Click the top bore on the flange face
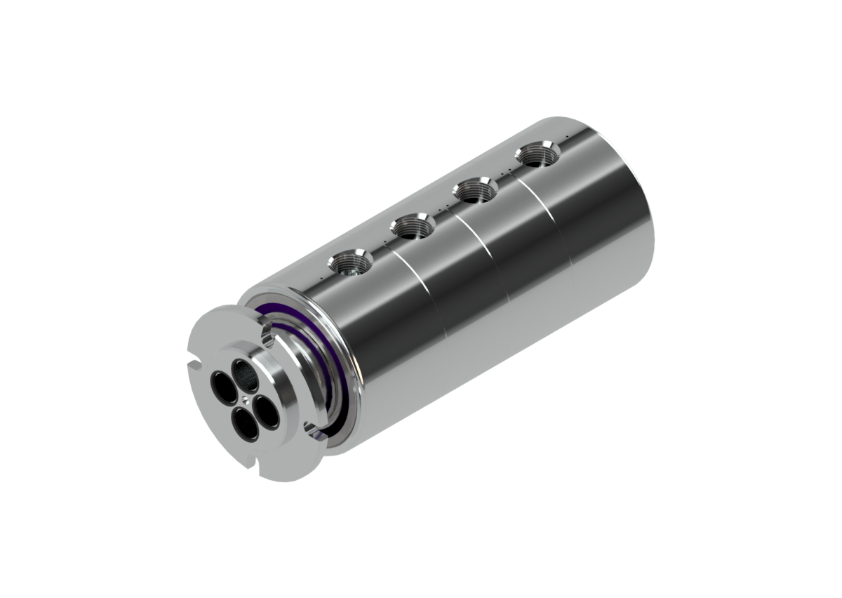pyautogui.click(x=243, y=368)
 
